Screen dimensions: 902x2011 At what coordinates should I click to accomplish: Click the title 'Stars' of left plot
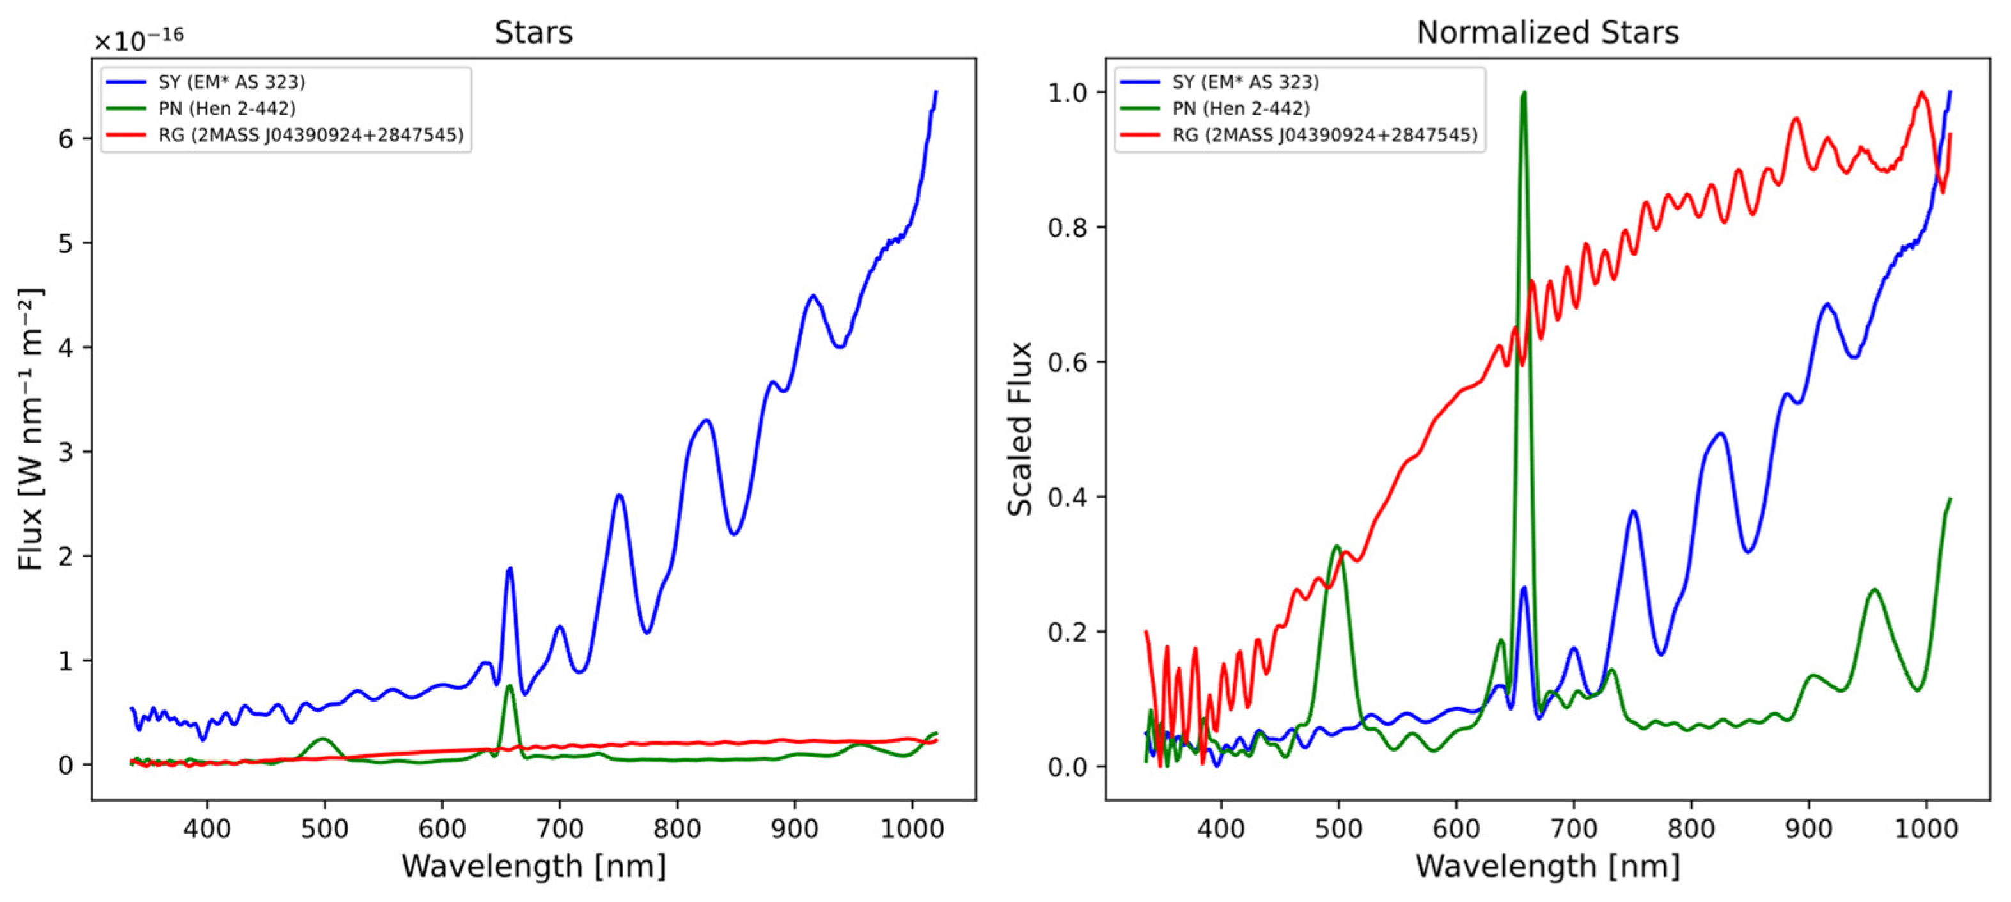[x=533, y=33]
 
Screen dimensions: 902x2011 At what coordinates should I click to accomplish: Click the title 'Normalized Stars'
[x=1547, y=33]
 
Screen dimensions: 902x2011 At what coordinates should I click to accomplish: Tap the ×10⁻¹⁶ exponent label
[x=139, y=39]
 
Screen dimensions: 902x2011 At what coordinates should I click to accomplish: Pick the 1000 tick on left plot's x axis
[x=912, y=828]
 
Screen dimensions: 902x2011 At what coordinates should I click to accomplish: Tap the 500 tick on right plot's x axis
[x=1338, y=828]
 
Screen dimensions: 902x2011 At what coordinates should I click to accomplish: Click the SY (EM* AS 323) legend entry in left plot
[x=231, y=82]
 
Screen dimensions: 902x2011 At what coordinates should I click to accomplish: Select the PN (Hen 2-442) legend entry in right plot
[x=1240, y=109]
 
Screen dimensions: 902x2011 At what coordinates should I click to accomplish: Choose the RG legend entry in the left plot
[x=310, y=135]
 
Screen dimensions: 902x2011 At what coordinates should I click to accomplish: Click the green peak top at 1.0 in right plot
[x=1524, y=93]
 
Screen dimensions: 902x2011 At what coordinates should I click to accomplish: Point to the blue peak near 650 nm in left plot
[x=510, y=569]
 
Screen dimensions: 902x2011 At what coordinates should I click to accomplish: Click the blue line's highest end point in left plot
[x=936, y=92]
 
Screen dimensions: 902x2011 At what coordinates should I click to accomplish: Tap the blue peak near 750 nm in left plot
[x=619, y=495]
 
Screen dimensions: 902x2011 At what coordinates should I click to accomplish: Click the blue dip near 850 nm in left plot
[x=734, y=534]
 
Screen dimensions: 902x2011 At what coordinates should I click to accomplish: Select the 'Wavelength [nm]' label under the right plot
[x=1547, y=866]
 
